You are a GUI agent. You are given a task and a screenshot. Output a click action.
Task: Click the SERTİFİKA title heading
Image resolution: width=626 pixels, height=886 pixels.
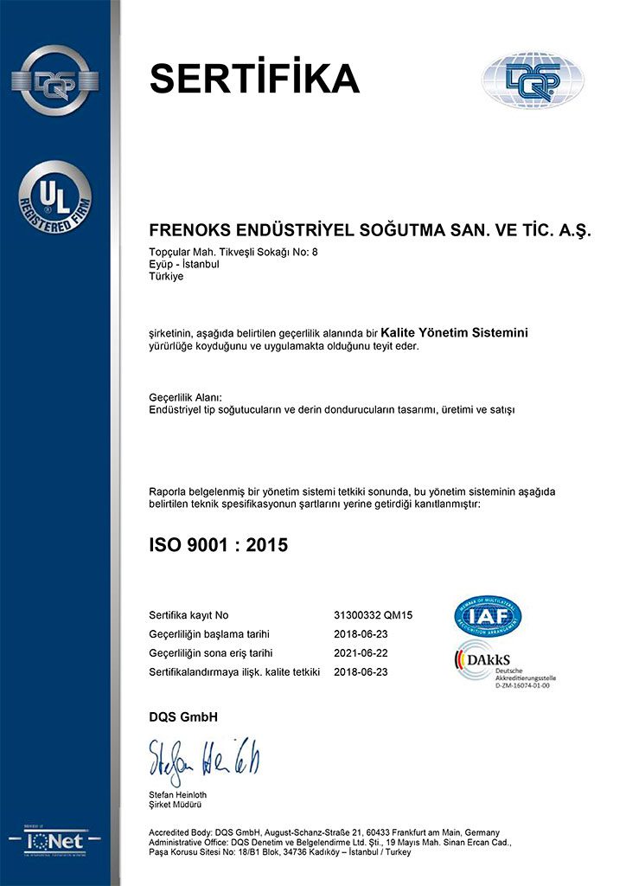(x=254, y=79)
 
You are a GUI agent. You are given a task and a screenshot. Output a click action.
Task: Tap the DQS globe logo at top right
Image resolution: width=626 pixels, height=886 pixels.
(x=533, y=80)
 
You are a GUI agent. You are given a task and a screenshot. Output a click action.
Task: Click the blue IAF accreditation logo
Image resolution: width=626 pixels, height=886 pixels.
(x=488, y=615)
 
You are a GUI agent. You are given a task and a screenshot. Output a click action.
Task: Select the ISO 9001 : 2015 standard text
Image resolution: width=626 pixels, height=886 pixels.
(x=219, y=545)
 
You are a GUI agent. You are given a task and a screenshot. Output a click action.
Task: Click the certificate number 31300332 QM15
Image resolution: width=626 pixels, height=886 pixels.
(x=374, y=615)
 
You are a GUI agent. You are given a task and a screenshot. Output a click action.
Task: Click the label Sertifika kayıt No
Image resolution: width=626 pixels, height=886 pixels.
(x=189, y=615)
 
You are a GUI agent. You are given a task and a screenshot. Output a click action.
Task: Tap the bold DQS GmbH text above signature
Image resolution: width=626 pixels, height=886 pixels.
(x=184, y=716)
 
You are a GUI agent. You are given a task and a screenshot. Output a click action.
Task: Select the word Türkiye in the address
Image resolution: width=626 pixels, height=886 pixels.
(x=167, y=276)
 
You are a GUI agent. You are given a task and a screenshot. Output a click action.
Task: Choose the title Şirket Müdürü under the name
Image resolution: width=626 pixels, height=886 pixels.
(x=177, y=806)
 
